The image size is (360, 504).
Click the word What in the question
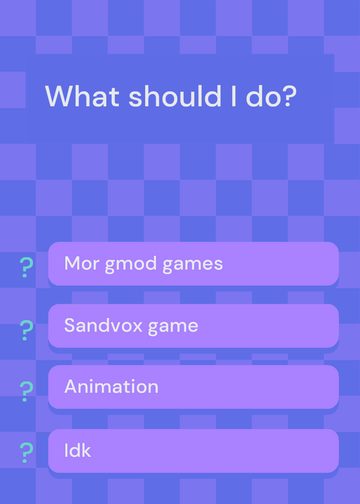pyautogui.click(x=83, y=96)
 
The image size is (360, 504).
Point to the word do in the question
pyautogui.click(x=260, y=96)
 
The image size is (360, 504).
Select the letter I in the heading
pyautogui.click(x=233, y=96)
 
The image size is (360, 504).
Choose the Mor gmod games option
pyautogui.click(x=194, y=263)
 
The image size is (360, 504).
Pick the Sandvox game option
pyautogui.click(x=194, y=326)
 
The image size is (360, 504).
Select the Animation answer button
pyautogui.click(x=194, y=387)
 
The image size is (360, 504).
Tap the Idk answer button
pyautogui.click(x=194, y=450)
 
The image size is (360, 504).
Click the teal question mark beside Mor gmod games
pyautogui.click(x=26, y=267)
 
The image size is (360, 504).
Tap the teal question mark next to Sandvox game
pyautogui.click(x=26, y=330)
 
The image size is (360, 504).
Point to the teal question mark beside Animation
pyautogui.click(x=26, y=391)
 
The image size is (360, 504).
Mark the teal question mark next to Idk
pyautogui.click(x=26, y=452)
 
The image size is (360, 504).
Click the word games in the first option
pyautogui.click(x=192, y=265)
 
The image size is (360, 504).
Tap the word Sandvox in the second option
pyautogui.click(x=103, y=325)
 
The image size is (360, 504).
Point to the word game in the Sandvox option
pyautogui.click(x=173, y=327)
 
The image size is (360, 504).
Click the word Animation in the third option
pyautogui.click(x=112, y=386)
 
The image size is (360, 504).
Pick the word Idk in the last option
pyautogui.click(x=78, y=450)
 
